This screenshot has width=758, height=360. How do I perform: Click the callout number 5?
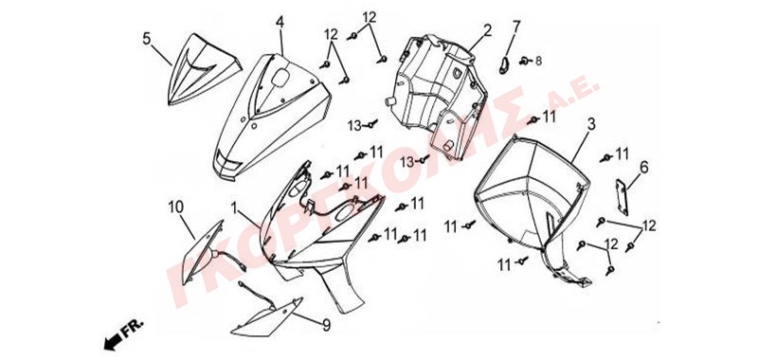tap(147, 39)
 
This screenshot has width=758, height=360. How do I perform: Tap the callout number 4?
tap(280, 23)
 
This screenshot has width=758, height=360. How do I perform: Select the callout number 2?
tap(487, 31)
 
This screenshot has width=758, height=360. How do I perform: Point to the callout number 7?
tap(516, 27)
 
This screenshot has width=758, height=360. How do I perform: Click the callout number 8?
tap(538, 62)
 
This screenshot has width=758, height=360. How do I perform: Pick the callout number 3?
tap(590, 124)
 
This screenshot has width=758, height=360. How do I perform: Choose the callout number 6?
tap(643, 168)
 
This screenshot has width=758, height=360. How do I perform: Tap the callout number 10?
tap(176, 207)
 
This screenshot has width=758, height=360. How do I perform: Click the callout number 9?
tap(327, 325)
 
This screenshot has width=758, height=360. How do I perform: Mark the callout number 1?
tap(234, 208)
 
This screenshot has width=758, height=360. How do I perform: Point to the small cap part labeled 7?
tap(504, 64)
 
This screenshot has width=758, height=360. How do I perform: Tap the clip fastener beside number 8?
tap(524, 61)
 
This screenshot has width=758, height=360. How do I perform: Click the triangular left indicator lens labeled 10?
tap(201, 252)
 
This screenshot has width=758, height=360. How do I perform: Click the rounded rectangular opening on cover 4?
tap(280, 78)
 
